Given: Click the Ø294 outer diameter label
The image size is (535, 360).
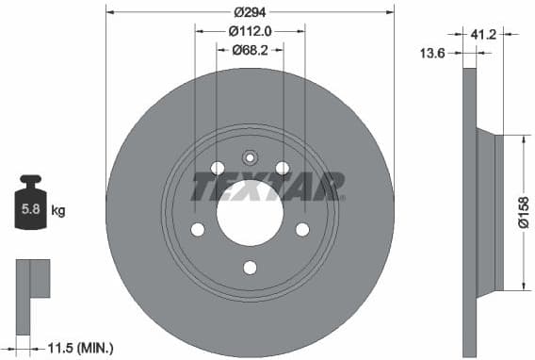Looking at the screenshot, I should (250, 12).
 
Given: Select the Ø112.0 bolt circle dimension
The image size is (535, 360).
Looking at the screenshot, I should (250, 31).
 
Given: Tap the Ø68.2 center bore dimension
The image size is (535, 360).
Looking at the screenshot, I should (250, 50).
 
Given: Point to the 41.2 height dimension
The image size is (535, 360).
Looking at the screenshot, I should (483, 34).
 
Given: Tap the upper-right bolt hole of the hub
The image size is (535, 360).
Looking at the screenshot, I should (282, 168).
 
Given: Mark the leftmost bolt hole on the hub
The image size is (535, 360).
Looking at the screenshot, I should (198, 229).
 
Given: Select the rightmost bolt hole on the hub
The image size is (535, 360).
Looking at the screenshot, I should (301, 229).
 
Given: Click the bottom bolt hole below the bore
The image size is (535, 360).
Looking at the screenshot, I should (250, 267).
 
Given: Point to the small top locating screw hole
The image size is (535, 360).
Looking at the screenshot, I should (250, 157).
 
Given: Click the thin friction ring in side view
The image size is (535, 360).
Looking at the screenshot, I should (471, 212).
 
